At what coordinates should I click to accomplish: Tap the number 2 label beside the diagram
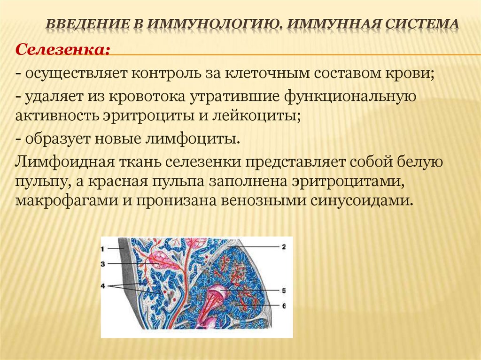click(x=284, y=246)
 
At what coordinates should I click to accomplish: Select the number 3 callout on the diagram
click(x=103, y=264)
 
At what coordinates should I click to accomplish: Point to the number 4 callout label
click(x=103, y=284)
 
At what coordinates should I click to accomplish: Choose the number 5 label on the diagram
click(x=284, y=291)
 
